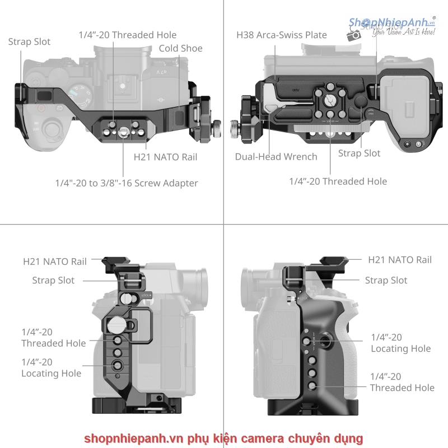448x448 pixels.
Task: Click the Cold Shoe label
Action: click(180, 49)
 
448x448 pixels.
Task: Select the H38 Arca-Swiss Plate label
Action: click(282, 35)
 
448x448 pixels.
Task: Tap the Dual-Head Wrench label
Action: click(276, 157)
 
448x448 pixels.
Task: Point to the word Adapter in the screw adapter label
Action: click(179, 183)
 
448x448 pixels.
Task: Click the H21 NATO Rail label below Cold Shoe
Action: click(165, 157)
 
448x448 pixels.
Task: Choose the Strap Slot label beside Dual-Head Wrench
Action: click(359, 153)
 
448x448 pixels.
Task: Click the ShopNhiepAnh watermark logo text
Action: click(391, 22)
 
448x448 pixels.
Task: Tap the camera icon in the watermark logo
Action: click(354, 35)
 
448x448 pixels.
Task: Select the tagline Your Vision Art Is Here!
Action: click(403, 33)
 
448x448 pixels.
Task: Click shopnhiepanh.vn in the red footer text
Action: click(127, 438)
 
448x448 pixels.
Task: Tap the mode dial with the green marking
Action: click(79, 96)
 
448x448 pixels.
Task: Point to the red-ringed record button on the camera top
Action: click(40, 109)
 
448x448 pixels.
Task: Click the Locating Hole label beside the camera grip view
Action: click(400, 343)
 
